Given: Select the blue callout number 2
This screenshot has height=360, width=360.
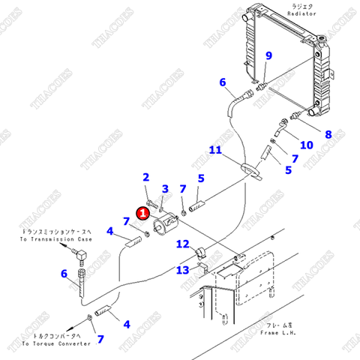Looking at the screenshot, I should click(x=147, y=177).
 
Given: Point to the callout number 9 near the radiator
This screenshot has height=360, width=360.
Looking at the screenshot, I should click(x=269, y=56).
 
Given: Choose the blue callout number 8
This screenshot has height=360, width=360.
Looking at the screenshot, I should click(x=327, y=135).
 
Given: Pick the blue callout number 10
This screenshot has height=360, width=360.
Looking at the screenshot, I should click(x=306, y=145).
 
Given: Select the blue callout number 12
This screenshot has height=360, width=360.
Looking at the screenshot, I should click(x=182, y=244).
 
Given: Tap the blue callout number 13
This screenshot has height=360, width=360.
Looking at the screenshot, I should click(x=182, y=270).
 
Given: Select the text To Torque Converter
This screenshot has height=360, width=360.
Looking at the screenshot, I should click(x=57, y=343).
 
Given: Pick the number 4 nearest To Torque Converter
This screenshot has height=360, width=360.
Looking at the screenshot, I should click(x=127, y=324).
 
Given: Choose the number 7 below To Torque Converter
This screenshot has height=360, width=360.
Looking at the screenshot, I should click(x=100, y=339).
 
